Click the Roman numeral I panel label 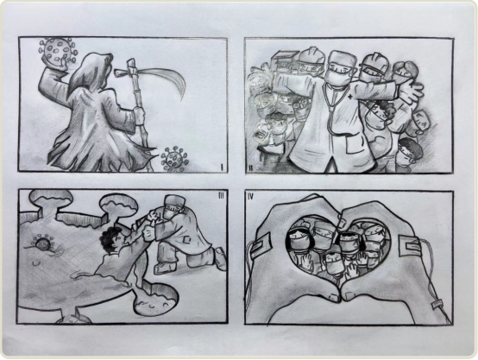coord(222,167)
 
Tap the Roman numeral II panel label coord(250,167)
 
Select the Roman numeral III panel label coord(221,196)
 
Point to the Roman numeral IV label coord(251,197)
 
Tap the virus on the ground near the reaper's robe coord(173,159)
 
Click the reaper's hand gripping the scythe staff coord(139,116)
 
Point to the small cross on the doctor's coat coord(349,98)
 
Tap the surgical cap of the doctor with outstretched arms coord(343,60)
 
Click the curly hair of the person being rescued coord(110,239)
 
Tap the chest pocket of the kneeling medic coord(186,241)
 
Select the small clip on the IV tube coord(437,304)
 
